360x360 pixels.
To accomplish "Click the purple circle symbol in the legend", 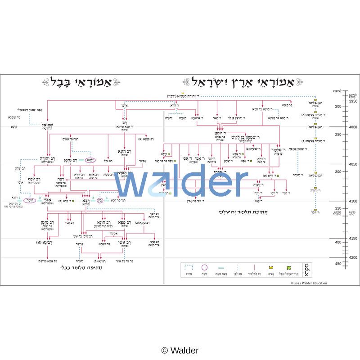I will [204, 267].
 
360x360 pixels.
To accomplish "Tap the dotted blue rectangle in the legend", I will [188, 267].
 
